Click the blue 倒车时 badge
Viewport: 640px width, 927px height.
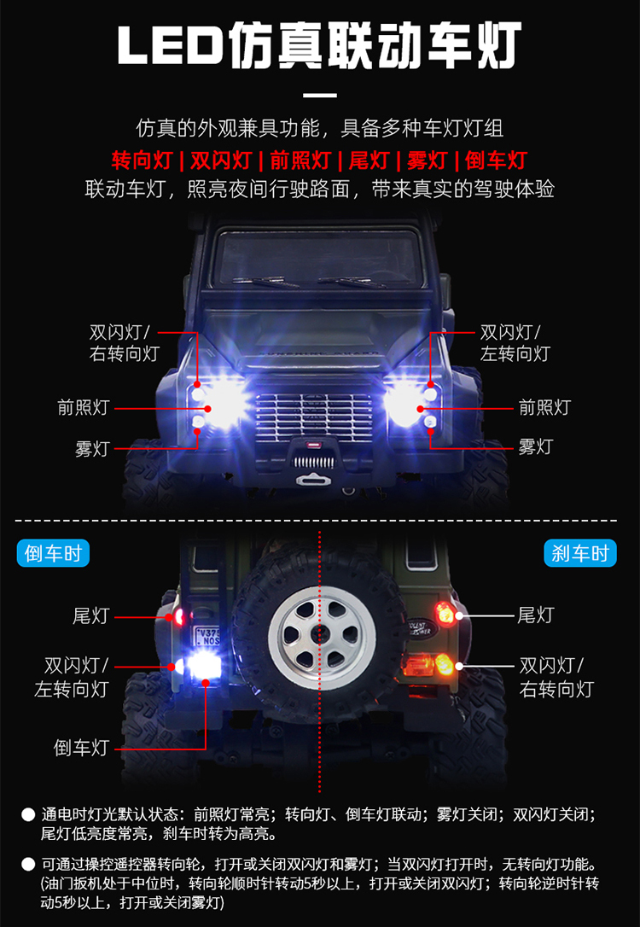(x=53, y=553)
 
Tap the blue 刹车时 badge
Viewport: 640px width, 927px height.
(x=579, y=553)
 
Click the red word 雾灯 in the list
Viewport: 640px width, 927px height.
(x=426, y=160)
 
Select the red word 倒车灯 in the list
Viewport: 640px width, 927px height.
(x=497, y=160)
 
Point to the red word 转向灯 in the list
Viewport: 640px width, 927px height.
(x=142, y=160)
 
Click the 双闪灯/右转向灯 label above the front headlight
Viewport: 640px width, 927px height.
(x=125, y=343)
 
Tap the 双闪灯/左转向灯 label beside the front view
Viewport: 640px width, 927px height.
(x=515, y=343)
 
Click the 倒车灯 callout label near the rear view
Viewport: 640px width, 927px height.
(x=82, y=748)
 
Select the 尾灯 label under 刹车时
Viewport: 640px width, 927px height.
(x=535, y=615)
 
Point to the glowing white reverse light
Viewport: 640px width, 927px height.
(x=203, y=668)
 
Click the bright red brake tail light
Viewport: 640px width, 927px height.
(x=444, y=614)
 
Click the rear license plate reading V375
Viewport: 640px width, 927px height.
(x=207, y=637)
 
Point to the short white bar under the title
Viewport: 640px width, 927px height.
(x=320, y=95)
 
